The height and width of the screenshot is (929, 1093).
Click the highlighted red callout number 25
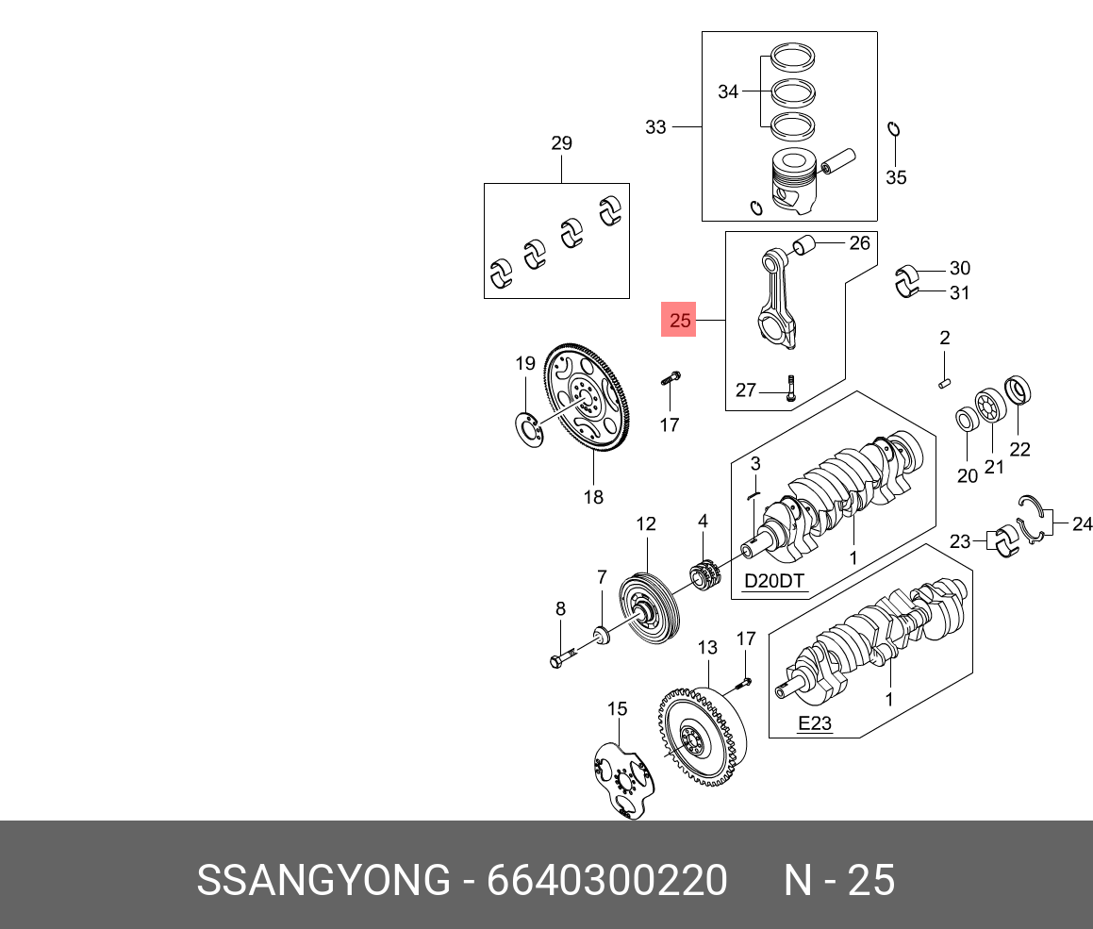click(x=680, y=321)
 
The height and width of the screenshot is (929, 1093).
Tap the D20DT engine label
click(x=775, y=581)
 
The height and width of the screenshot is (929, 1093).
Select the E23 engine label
click(x=815, y=723)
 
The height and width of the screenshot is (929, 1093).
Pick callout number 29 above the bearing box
click(x=561, y=143)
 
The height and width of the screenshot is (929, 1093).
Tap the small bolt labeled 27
click(x=790, y=387)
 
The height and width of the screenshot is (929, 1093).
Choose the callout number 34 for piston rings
click(x=728, y=92)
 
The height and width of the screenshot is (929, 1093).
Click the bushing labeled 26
click(x=803, y=247)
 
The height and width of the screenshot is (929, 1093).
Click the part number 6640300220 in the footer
click(x=606, y=881)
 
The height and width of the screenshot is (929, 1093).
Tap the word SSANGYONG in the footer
click(x=323, y=881)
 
